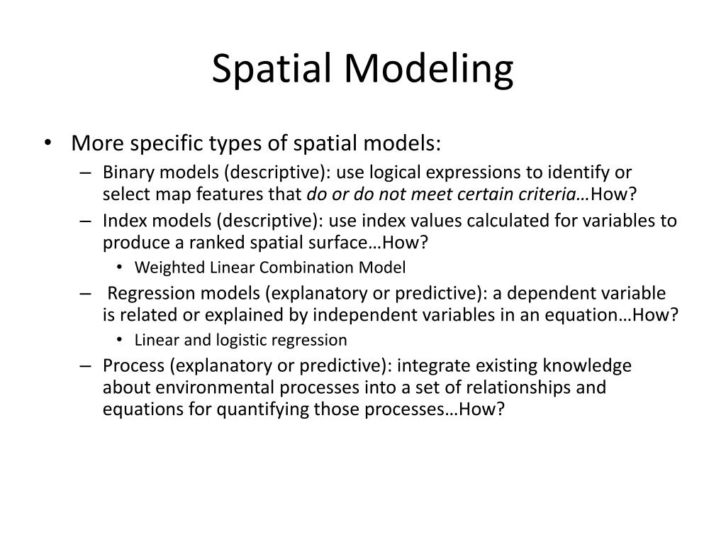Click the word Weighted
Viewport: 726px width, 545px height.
(165, 268)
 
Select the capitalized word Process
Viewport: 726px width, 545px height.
(128, 365)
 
